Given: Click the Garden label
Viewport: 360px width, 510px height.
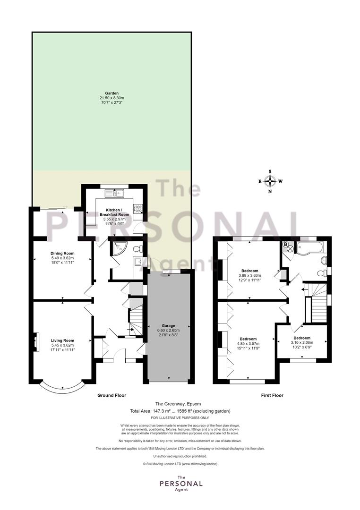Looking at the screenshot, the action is click(x=111, y=93).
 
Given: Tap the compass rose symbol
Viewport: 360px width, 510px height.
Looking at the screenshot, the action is click(x=270, y=181).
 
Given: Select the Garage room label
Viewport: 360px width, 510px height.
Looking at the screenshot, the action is click(x=168, y=325).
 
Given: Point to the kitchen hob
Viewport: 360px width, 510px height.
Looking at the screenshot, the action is click(x=137, y=209).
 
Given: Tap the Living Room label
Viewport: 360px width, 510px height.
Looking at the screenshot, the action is click(x=62, y=340).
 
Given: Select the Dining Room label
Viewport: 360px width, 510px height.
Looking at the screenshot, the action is click(x=62, y=254).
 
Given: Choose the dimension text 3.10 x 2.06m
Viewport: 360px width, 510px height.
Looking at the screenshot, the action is click(x=302, y=342).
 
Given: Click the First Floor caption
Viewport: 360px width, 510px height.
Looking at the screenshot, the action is click(x=272, y=396).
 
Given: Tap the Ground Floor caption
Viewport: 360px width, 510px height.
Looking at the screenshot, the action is click(x=111, y=396).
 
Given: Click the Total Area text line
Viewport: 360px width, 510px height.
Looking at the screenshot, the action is click(x=180, y=411).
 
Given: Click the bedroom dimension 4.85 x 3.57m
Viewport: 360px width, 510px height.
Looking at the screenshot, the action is click(x=249, y=343).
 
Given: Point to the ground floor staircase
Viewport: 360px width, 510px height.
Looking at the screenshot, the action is click(x=136, y=319).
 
